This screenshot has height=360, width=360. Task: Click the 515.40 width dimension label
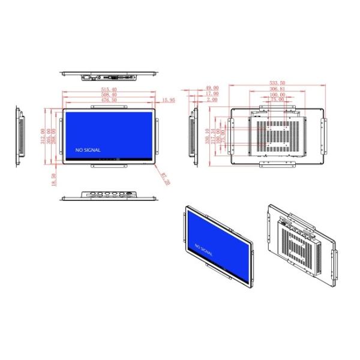pyautogui.click(x=109, y=90)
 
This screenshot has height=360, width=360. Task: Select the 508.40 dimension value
pyautogui.click(x=109, y=95)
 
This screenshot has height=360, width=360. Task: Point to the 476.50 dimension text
pyautogui.click(x=109, y=100)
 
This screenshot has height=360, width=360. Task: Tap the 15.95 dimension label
pyautogui.click(x=168, y=101)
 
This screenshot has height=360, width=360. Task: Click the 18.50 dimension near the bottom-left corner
pyautogui.click(x=54, y=179)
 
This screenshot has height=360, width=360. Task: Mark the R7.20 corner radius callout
pyautogui.click(x=165, y=178)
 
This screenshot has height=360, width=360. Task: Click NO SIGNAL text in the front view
pyautogui.click(x=88, y=150)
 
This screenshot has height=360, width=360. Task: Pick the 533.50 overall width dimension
pyautogui.click(x=277, y=83)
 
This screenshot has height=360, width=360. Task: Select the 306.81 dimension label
pyautogui.click(x=277, y=89)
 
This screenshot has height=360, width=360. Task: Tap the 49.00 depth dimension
pyautogui.click(x=212, y=88)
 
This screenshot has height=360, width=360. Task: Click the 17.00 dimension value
pyautogui.click(x=212, y=94)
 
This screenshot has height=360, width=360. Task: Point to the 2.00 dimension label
pyautogui.click(x=212, y=100)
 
